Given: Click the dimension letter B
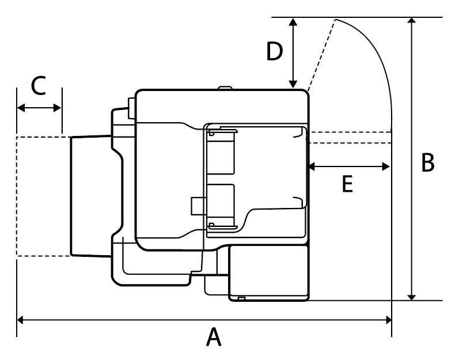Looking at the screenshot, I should [x=427, y=162].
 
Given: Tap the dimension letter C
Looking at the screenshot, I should [x=39, y=86].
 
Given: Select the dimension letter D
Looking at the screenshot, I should [x=275, y=52].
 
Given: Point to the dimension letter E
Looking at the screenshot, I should [x=347, y=184].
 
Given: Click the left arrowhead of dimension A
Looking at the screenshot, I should [x=20, y=319].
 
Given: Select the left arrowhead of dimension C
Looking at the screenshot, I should [x=21, y=107].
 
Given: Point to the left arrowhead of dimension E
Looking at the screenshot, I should [x=312, y=166].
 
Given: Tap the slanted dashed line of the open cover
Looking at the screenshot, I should [x=321, y=55].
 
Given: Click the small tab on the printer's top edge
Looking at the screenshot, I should [x=225, y=88].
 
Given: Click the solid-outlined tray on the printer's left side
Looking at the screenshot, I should [x=89, y=196].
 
